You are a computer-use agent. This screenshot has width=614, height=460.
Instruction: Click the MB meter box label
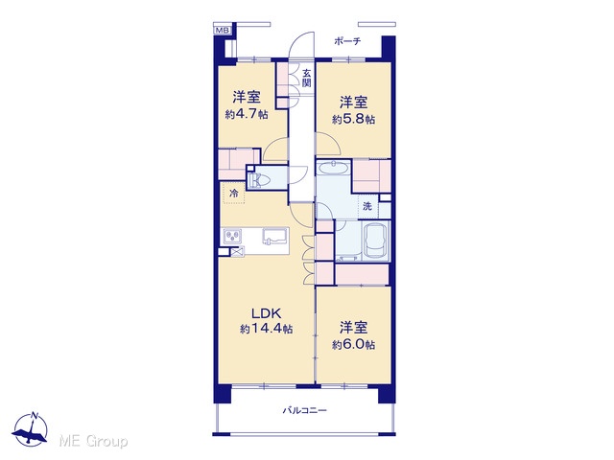(223, 30)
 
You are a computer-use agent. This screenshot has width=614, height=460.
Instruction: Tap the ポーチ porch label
(347, 41)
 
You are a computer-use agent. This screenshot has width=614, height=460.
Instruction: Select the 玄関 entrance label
(307, 79)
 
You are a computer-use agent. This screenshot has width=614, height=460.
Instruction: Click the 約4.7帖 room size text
(247, 115)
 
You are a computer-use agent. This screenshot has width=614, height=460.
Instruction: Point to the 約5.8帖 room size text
(353, 120)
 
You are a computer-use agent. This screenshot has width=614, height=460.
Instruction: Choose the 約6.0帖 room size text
(353, 345)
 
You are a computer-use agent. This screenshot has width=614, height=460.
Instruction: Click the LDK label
(267, 313)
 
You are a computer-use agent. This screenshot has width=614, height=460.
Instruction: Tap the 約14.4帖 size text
(267, 329)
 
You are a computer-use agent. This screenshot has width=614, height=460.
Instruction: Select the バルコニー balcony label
(305, 410)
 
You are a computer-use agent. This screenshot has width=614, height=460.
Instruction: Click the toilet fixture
(259, 180)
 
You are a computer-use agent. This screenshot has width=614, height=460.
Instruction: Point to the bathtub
(376, 241)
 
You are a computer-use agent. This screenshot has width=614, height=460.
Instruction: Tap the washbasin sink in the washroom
(333, 169)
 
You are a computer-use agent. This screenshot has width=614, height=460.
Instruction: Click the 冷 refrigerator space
(234, 193)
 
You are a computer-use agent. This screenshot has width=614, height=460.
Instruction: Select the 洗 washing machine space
(367, 206)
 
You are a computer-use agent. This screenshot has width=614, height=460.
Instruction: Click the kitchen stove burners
(232, 237)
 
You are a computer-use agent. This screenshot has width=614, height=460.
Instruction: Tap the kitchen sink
(275, 237)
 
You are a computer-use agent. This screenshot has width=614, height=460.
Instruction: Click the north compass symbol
(31, 429)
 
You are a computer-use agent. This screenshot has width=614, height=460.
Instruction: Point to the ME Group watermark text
(93, 442)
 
